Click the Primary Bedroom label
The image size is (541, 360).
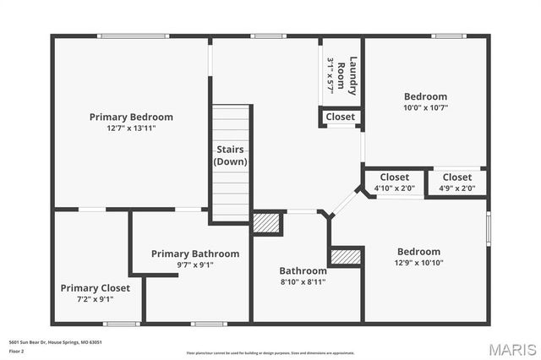point(131,117)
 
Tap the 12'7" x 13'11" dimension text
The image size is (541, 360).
point(131,128)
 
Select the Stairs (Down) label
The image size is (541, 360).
point(230,155)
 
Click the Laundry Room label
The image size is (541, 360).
point(342,73)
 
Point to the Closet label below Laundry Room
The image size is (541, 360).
point(341,117)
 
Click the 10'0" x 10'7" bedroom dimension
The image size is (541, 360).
point(425,107)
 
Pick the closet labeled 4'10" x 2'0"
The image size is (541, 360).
point(395,183)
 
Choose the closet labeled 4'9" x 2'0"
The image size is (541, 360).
point(457,183)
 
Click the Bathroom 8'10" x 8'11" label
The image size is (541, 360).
point(303,276)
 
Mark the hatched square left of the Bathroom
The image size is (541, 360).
point(267,222)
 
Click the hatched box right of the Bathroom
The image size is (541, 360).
point(345,257)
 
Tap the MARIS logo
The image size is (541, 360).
point(511,349)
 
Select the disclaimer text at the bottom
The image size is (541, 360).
point(270,353)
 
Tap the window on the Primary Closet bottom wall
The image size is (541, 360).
point(122,323)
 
